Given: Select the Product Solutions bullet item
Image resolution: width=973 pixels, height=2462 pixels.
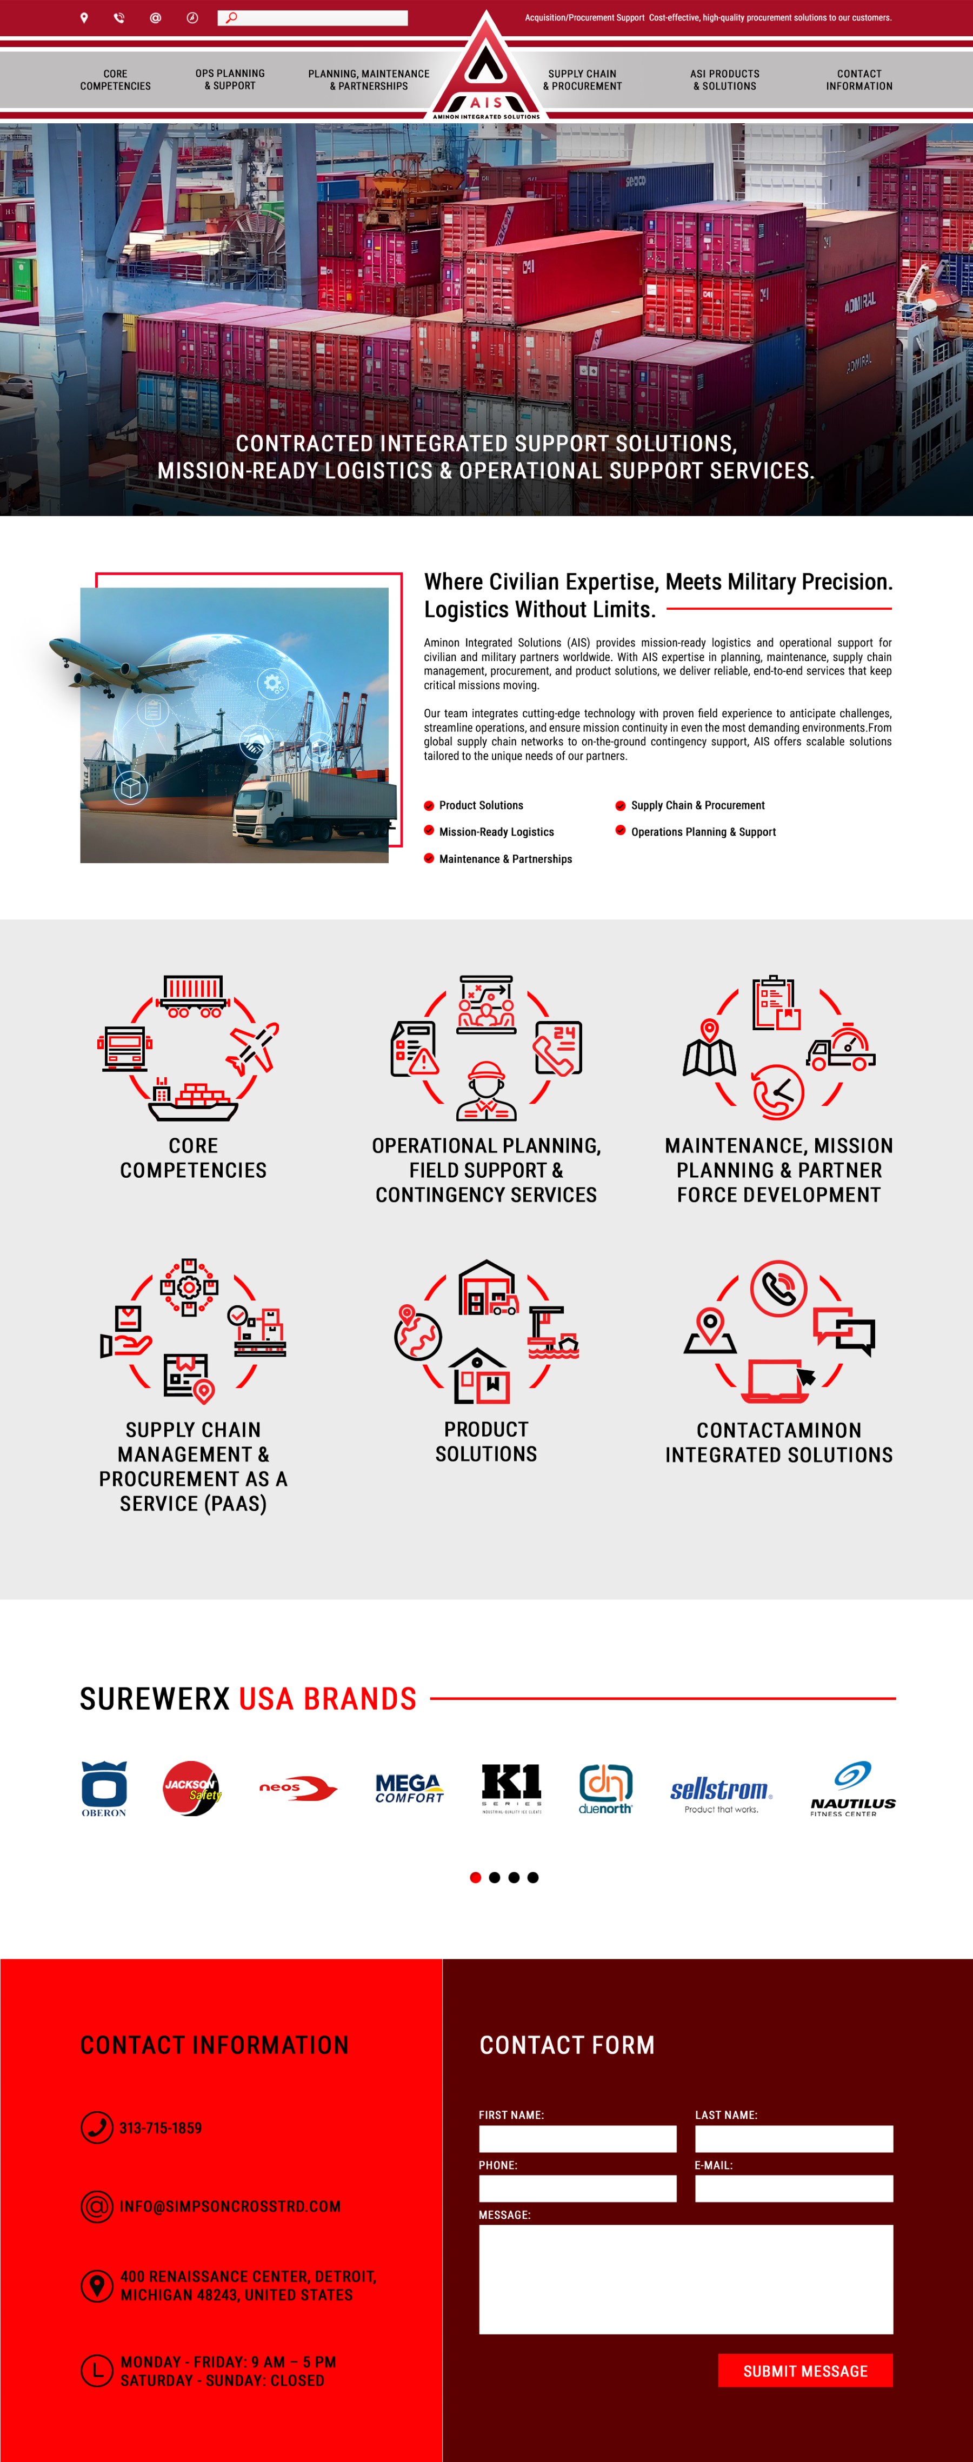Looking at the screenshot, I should tap(481, 806).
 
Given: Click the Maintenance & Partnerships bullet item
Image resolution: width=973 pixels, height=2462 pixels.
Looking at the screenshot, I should tap(505, 859).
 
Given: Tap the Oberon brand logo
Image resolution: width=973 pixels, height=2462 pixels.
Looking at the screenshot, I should tap(104, 1787).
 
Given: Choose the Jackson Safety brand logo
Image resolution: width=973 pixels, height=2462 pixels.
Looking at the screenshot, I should tap(191, 1787).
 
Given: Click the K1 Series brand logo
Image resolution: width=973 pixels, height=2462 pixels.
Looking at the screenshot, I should tap(511, 1787).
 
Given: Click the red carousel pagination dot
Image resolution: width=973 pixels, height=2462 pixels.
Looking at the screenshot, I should tap(475, 1877).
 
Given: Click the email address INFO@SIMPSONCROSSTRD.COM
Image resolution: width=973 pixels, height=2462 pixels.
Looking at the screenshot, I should tap(229, 2207).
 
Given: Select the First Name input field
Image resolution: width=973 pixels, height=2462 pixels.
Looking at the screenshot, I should tap(577, 2139).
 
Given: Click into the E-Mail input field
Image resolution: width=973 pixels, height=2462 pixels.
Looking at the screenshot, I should tap(794, 2189).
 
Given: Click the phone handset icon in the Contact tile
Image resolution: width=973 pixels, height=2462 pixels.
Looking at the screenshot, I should tap(779, 1289).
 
